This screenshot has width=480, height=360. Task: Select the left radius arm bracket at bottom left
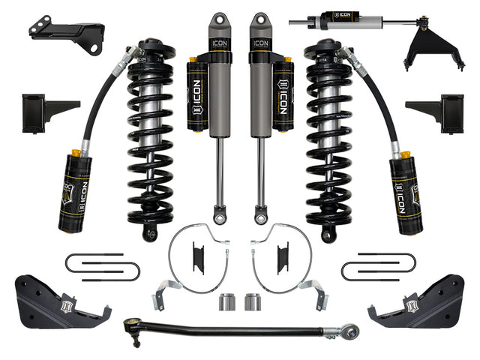click(x=60, y=300)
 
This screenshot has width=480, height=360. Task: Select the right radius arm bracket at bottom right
click(x=421, y=300)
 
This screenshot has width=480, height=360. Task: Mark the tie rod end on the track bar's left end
click(x=132, y=325)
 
